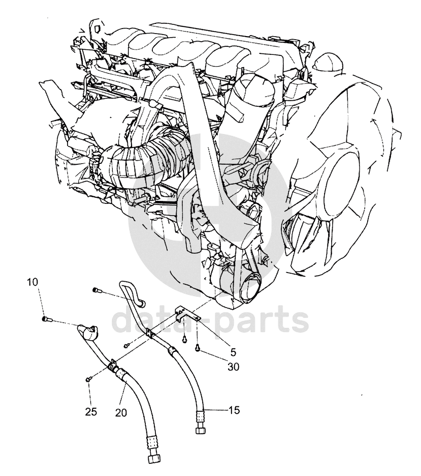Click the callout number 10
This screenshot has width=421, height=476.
(33, 282)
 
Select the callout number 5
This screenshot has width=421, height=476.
(233, 352)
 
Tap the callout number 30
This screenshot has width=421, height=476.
(234, 367)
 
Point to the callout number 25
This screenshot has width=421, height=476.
(90, 412)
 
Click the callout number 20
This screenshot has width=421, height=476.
(121, 412)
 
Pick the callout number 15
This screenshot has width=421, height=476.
(234, 410)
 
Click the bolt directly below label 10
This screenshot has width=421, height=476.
(46, 319)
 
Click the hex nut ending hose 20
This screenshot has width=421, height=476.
(153, 466)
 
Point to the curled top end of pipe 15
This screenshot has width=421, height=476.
(133, 292)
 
